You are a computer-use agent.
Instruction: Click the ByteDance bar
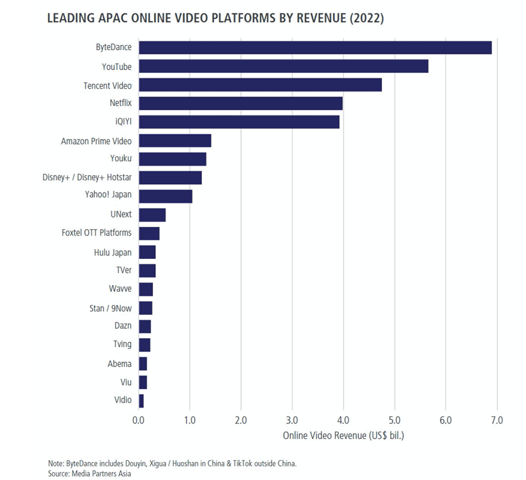tap(315, 48)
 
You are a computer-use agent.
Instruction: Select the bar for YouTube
tap(283, 66)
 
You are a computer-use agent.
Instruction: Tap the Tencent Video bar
tap(260, 85)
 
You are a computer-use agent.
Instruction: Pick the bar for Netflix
tap(240, 104)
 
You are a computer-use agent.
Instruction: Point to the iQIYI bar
tap(239, 122)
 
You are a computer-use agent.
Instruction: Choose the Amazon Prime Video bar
tap(175, 141)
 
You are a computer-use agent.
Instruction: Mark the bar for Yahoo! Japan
tap(166, 196)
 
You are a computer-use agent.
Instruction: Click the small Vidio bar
tap(141, 401)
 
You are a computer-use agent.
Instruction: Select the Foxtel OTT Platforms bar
tap(149, 233)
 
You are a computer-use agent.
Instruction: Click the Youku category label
tap(121, 159)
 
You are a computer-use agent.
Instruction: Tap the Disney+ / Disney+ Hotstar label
tap(87, 177)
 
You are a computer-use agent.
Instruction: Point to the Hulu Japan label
tap(113, 252)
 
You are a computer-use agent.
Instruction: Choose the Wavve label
tap(120, 289)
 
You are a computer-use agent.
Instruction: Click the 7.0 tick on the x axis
tap(497, 420)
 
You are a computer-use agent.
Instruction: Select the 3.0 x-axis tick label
tap(292, 420)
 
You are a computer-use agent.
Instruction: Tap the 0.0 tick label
tap(139, 420)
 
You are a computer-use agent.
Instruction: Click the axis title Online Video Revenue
tap(343, 436)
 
